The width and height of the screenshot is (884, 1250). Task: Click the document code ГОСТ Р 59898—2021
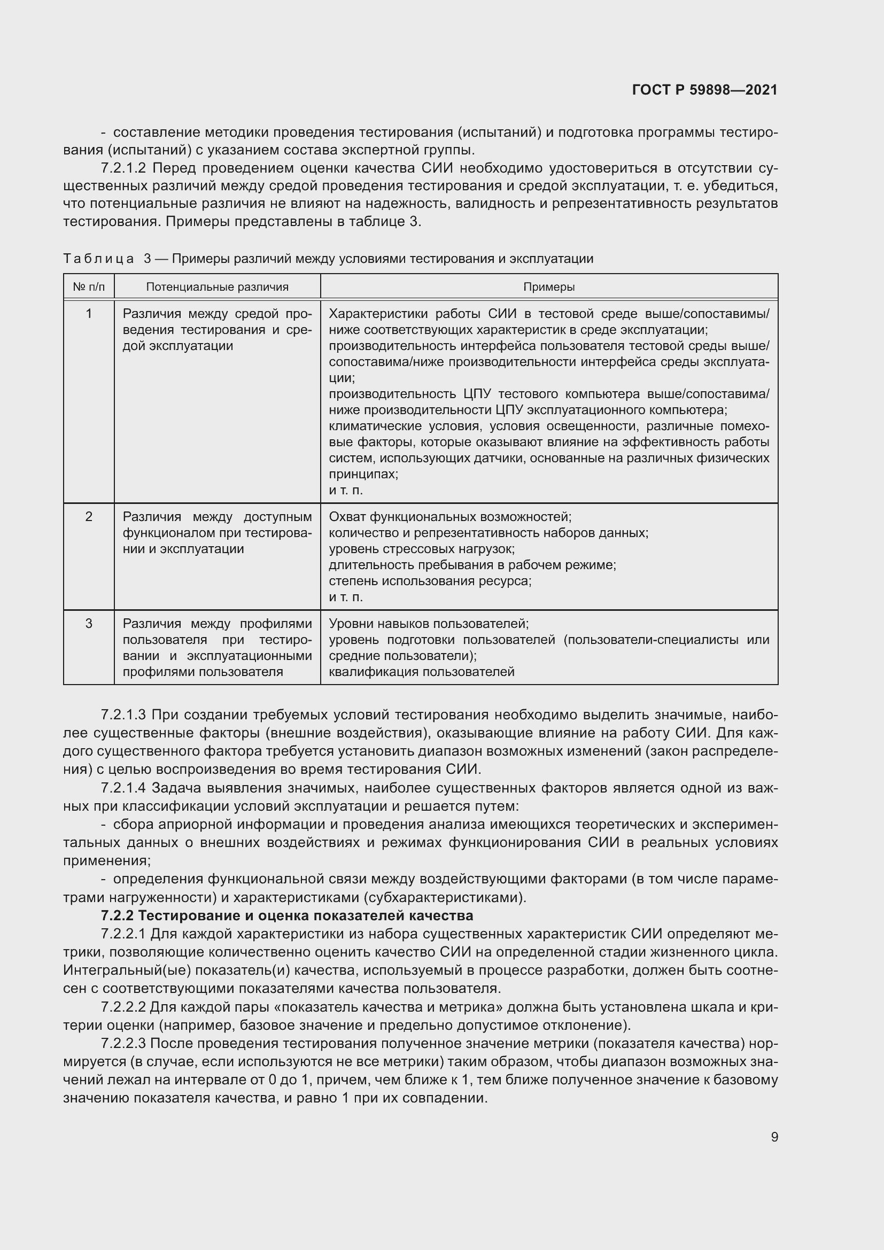(705, 90)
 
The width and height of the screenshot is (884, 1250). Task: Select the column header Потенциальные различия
(217, 287)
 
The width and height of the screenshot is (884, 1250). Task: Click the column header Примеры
(549, 287)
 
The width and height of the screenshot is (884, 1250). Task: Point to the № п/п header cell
(89, 287)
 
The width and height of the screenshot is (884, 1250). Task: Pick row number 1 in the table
(89, 314)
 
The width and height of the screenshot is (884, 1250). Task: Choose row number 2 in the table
(89, 517)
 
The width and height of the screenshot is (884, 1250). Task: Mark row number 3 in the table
(89, 623)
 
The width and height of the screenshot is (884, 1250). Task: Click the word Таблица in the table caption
(98, 259)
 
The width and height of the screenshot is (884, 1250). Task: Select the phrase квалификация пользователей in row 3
(421, 672)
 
